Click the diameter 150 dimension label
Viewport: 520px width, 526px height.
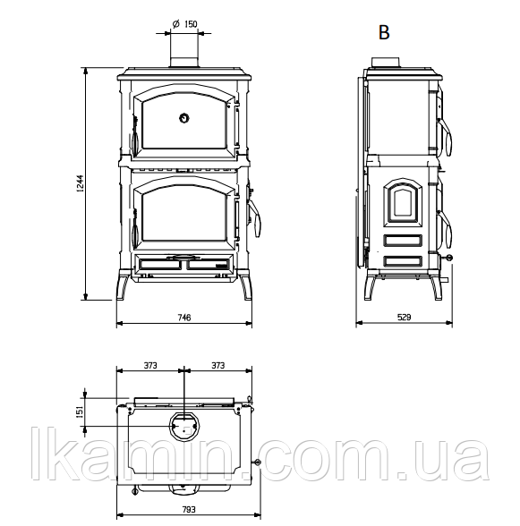click(185, 24)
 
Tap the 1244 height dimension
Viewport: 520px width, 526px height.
click(80, 183)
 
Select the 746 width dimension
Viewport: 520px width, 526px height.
click(184, 318)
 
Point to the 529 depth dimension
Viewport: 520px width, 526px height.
click(404, 318)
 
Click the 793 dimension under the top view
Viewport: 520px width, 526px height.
click(189, 510)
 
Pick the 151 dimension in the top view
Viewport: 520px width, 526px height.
click(80, 411)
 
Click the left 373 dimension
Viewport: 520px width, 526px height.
click(150, 365)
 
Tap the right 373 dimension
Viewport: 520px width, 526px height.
click(217, 365)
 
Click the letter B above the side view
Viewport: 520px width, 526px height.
click(384, 32)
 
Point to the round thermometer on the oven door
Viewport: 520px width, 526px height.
click(184, 118)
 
